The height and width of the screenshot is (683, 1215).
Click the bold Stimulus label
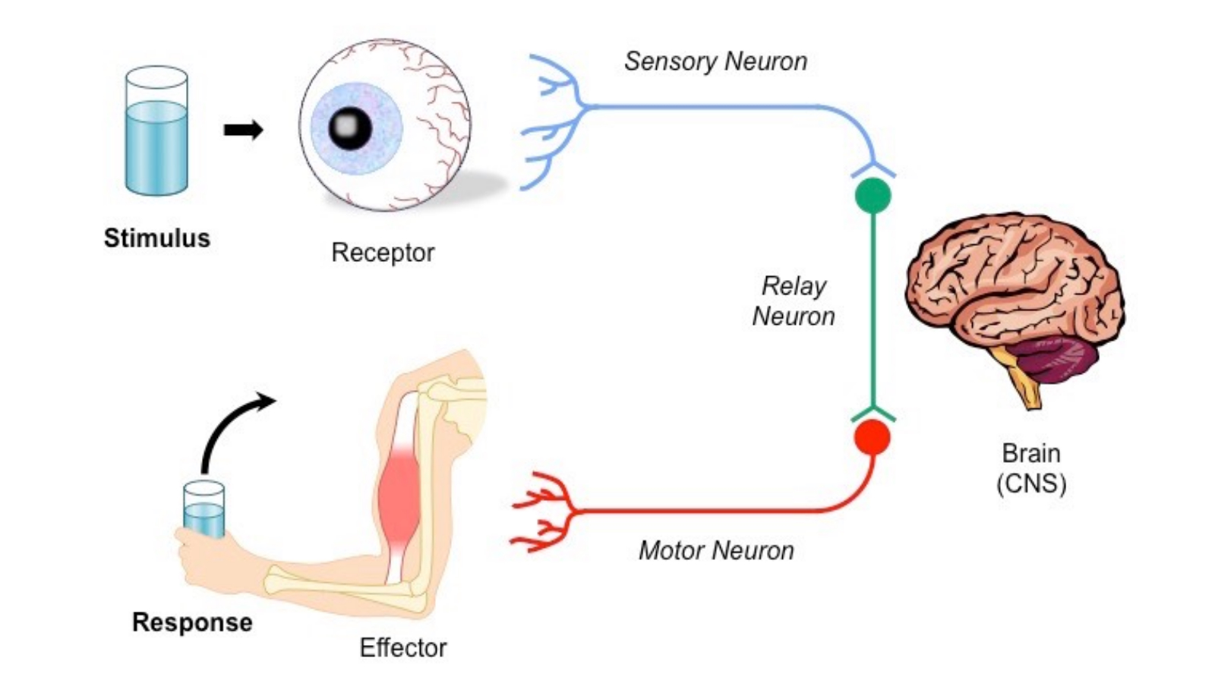(156, 238)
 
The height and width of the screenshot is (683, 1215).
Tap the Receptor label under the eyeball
(383, 252)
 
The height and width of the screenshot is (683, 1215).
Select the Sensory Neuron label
(715, 61)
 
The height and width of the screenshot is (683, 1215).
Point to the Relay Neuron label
(794, 301)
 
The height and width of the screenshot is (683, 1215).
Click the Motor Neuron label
(716, 550)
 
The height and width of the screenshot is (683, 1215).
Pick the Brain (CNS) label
(1030, 467)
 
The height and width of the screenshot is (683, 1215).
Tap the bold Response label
(192, 622)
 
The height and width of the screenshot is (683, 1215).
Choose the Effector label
(402, 647)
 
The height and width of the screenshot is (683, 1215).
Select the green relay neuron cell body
(873, 195)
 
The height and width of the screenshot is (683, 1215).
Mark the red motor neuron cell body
(873, 438)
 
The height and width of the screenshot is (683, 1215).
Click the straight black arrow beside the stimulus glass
(243, 130)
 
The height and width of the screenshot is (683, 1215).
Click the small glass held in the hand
(204, 510)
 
